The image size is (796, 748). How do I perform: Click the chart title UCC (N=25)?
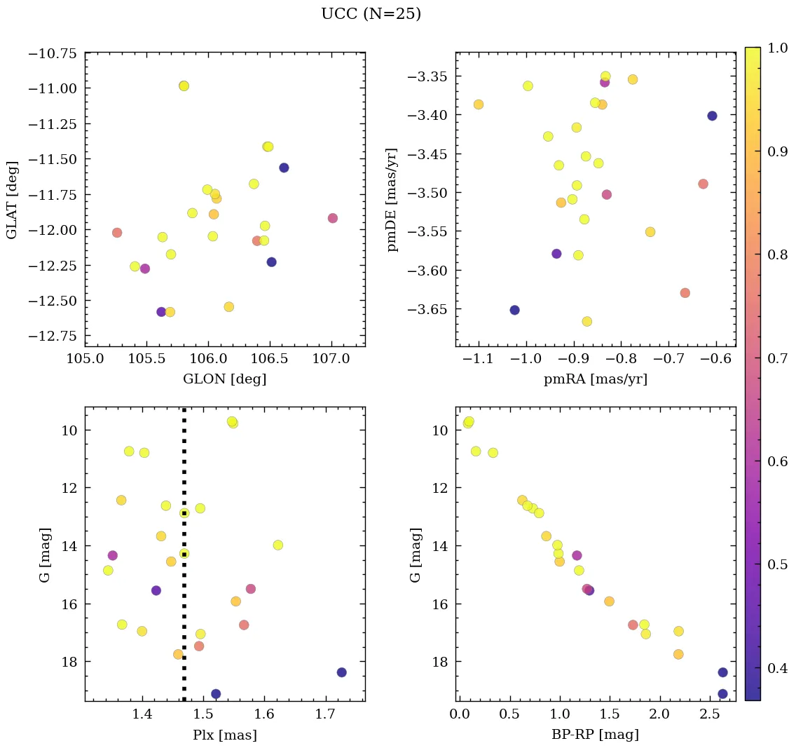tap(371, 14)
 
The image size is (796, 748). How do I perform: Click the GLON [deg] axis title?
tap(224, 379)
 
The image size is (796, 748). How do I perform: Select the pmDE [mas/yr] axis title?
tap(393, 199)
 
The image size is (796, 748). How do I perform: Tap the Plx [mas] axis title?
tap(224, 735)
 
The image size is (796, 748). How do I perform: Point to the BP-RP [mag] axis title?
tap(595, 735)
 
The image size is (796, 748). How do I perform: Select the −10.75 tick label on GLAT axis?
tap(53, 53)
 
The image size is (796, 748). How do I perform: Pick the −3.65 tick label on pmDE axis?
tap(424, 309)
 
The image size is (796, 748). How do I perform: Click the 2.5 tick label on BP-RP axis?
tap(709, 716)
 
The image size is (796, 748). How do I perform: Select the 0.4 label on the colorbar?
tap(774, 668)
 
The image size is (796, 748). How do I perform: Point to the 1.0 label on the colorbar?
tap(774, 48)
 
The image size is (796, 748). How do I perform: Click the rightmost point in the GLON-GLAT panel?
tap(333, 218)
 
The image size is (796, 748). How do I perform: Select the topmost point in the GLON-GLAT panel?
tap(184, 86)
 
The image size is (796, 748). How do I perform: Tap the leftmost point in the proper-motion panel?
tap(479, 104)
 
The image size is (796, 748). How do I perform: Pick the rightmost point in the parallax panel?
tap(341, 672)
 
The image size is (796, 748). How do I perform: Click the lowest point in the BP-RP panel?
tap(722, 694)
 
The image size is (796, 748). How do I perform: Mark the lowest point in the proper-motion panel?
tap(586, 322)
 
